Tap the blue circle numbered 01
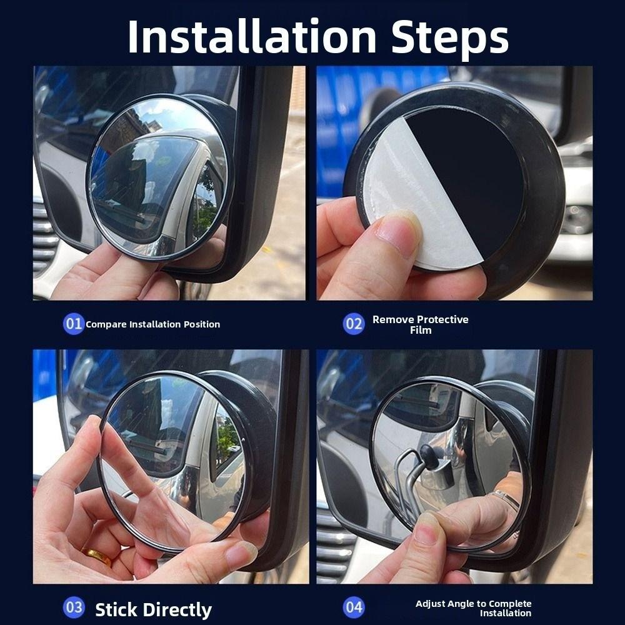coord(74,324)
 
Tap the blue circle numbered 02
coord(354,324)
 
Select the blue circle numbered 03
coord(74,607)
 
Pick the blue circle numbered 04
coord(354,607)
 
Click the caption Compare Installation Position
coord(152,324)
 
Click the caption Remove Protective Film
coord(420,324)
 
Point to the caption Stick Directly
coord(153,609)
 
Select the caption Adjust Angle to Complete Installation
coord(473,608)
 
